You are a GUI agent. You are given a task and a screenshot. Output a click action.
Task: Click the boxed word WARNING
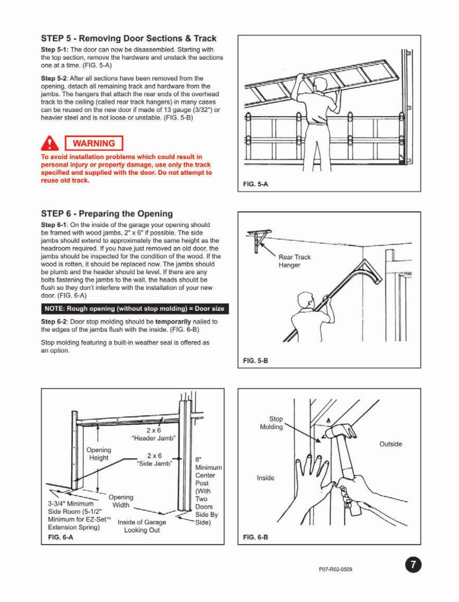tap(94, 143)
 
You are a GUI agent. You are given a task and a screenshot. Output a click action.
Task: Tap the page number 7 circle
tap(413, 565)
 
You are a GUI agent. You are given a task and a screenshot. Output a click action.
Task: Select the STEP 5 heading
tap(128, 38)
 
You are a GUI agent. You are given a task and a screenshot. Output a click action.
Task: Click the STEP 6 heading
tap(107, 213)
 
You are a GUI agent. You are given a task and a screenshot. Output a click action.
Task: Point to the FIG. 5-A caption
tap(255, 184)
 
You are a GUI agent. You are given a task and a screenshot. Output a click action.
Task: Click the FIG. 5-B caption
tap(255, 361)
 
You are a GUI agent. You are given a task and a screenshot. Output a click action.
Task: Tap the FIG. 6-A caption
tap(60, 537)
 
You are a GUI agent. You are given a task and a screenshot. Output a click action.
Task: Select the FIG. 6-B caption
tap(255, 537)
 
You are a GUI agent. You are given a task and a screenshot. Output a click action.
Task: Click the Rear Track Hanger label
tap(294, 261)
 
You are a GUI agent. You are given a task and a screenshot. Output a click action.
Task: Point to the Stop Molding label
tap(272, 423)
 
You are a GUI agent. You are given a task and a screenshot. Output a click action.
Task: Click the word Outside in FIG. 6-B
tap(391, 444)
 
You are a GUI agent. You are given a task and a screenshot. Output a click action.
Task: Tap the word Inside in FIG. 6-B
tap(265, 478)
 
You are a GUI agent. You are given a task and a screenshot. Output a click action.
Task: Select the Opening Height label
tap(99, 454)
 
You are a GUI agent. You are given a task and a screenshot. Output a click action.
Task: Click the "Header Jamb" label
tap(153, 434)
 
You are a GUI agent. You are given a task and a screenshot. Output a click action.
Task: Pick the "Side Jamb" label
tap(154, 459)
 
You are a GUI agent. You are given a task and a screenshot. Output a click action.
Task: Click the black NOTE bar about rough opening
tap(134, 309)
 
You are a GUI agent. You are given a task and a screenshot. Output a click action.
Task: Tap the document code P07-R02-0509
tap(335, 569)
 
